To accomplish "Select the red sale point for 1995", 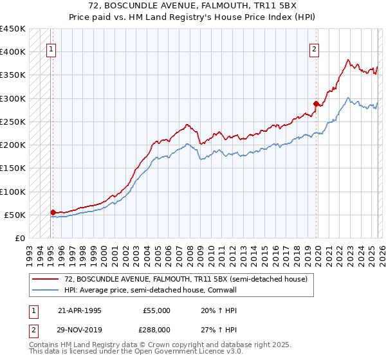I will pos(53,212).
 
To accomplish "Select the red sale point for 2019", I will pos(316,103).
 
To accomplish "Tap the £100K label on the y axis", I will pos(13,192).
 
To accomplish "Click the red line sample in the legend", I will pos(46,279).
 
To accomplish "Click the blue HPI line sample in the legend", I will pos(46,291).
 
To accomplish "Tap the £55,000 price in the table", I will pos(156,310).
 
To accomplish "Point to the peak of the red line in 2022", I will pos(348,60).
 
